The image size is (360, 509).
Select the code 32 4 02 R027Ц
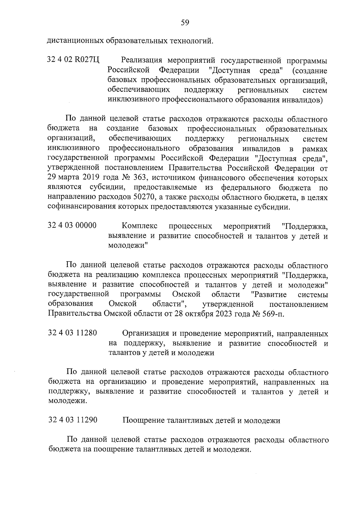point(73,61)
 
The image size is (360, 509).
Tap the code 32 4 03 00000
point(72,226)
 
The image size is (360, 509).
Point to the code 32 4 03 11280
point(72,333)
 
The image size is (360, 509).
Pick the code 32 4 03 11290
point(73,420)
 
